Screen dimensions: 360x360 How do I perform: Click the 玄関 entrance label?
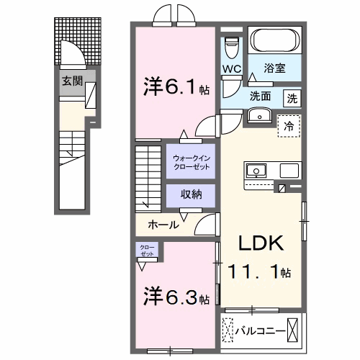point(69,81)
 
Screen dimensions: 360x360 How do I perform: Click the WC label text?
point(232,69)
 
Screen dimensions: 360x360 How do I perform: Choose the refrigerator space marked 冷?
point(289,125)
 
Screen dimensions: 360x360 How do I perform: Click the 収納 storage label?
point(190,194)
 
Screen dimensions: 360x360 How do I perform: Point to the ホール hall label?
point(164,225)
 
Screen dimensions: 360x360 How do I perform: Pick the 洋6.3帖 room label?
point(176,296)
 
